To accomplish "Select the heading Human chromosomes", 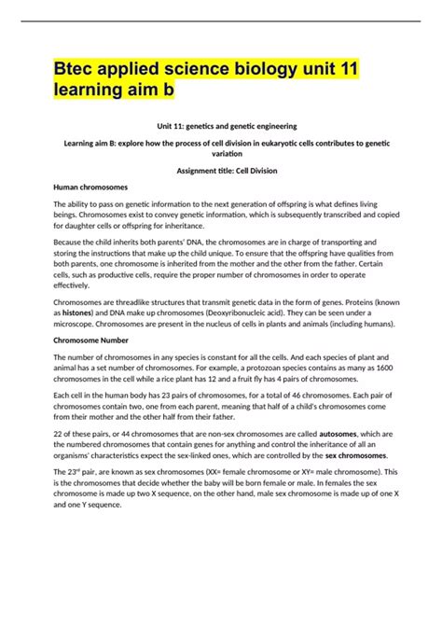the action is [x=91, y=187].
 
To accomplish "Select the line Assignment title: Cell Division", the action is [x=221, y=171].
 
